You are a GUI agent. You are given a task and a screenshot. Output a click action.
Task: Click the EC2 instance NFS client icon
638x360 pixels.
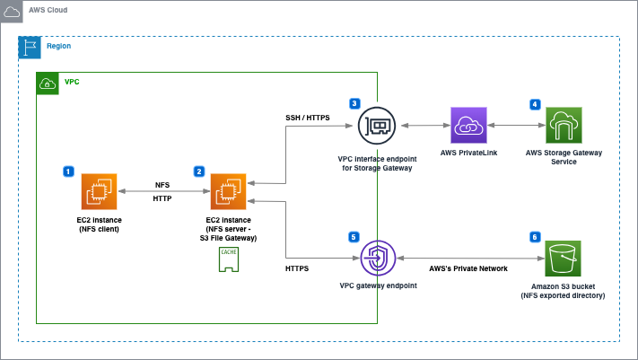point(100,191)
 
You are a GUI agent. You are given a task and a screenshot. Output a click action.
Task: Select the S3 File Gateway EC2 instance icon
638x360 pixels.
point(228,191)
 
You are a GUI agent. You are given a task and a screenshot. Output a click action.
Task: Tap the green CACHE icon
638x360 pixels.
point(228,259)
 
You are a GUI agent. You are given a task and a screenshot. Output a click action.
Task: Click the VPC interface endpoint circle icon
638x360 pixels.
point(375,127)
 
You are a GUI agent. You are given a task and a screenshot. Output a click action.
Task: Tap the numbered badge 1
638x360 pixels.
point(68,171)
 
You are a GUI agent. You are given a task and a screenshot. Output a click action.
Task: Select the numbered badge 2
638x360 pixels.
point(198,171)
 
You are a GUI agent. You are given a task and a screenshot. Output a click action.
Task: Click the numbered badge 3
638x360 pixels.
point(355,104)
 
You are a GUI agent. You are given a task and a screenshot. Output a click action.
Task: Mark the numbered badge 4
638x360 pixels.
point(535,104)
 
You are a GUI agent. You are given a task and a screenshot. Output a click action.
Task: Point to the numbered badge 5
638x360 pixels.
point(354,237)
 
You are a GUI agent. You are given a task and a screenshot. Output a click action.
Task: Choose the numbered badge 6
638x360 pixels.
point(535,237)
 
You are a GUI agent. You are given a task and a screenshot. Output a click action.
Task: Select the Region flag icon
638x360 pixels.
point(30,47)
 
